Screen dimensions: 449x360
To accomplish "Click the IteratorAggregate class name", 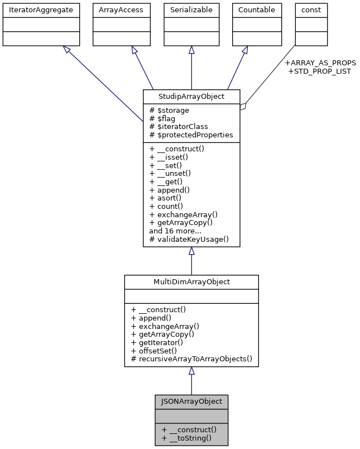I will pos(41,10).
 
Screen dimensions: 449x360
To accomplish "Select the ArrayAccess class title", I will pos(121,10).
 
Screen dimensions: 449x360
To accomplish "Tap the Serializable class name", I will pos(191,10).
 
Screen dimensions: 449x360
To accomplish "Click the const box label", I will pos(311,10).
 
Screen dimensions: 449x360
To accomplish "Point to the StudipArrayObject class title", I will pos(191,97).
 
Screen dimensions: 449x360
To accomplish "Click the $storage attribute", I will pos(170,111).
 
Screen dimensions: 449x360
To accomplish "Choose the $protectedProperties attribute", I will pos(191,135).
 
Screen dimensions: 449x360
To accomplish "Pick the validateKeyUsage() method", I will pos(189,239).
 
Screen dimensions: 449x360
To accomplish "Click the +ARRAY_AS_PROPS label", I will pos(320,63).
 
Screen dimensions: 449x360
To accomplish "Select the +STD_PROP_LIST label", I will pos(319,71).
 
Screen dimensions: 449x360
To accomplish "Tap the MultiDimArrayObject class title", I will pos(191,282).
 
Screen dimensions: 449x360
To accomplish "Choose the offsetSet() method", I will pos(153,351).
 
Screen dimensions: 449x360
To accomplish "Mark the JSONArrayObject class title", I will pos(191,402).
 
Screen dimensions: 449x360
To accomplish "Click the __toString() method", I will pos(186,438).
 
